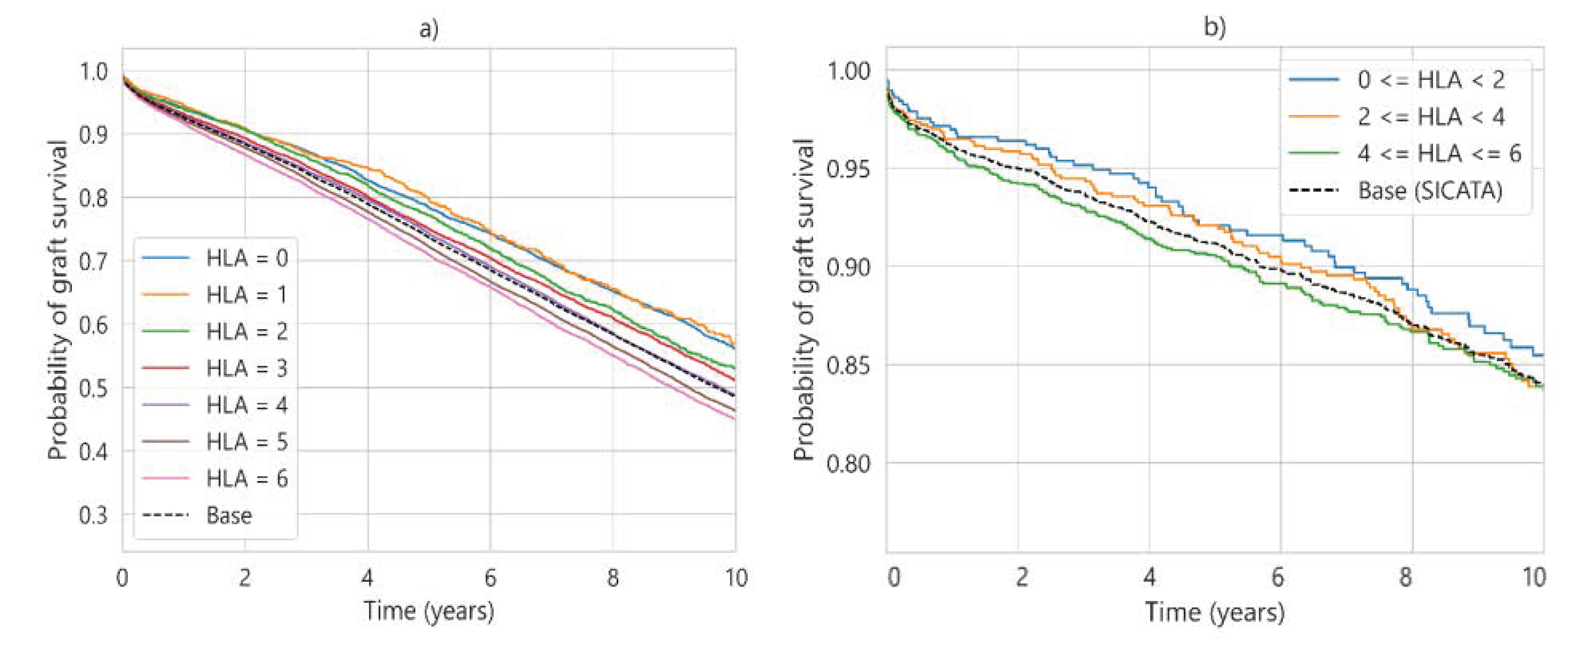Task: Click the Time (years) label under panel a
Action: [429, 611]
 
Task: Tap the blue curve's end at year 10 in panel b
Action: [1541, 355]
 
